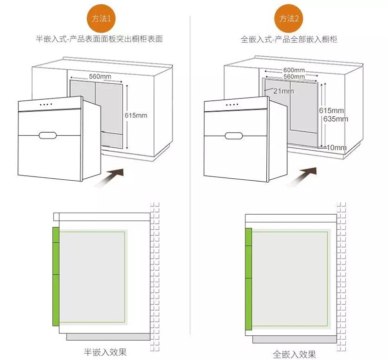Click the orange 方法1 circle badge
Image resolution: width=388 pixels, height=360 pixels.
pos(101,18)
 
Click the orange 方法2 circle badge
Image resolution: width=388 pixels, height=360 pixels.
pos(289,18)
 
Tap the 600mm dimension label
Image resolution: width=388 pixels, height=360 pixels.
pos(294,70)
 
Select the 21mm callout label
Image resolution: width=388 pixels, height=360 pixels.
pos(284,91)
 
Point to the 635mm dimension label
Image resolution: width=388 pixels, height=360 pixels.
pos(336,119)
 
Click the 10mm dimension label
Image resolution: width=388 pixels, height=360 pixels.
pos(337,148)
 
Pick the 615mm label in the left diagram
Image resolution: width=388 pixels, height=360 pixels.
pos(136,115)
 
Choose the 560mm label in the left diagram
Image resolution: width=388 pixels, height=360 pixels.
pos(100,77)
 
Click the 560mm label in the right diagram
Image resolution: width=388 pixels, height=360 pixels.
pos(294,77)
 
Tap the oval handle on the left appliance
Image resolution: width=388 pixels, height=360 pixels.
pos(48,136)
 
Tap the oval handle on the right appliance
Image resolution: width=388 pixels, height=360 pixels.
pos(234,136)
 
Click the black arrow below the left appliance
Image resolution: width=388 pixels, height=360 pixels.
pos(109,178)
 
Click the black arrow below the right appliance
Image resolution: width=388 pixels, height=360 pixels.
pos(302,176)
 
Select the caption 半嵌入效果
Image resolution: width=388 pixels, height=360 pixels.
pos(105,352)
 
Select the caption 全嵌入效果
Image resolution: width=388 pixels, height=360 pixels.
pos(294,354)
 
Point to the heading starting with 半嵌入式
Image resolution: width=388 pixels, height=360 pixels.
pos(99,39)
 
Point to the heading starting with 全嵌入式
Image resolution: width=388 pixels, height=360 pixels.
pos(289,39)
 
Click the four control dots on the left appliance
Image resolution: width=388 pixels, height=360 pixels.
pos(46,104)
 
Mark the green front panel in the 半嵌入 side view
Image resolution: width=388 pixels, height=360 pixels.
pos(56,276)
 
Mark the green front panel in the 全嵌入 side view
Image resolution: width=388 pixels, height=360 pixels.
pos(249,279)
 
